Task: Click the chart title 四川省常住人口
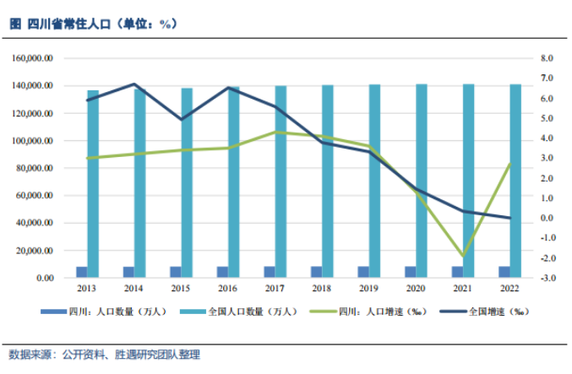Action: coord(93,24)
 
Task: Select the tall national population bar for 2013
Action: coord(93,183)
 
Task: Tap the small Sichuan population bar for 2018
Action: coord(316,272)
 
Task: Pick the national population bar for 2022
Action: coord(515,181)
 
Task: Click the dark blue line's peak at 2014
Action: coord(134,84)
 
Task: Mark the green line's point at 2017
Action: coord(275,132)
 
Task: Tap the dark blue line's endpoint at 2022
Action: coord(509,218)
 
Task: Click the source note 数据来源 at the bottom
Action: coord(105,355)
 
